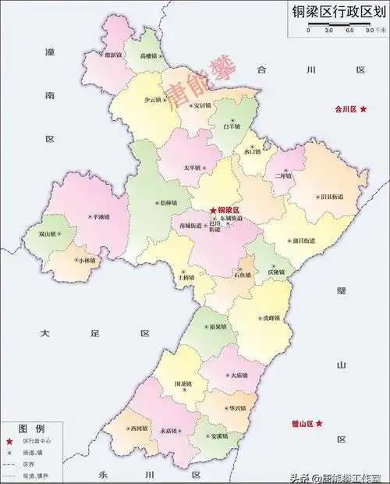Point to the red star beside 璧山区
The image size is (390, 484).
[318, 423]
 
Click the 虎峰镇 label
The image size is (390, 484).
[272, 319]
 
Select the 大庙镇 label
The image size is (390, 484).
[241, 375]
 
